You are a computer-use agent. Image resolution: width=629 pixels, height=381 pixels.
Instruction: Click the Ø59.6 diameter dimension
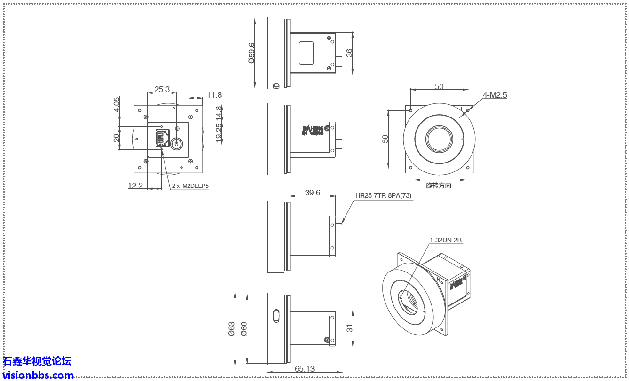point(252,53)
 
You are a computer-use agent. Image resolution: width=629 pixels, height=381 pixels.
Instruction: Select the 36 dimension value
point(349,53)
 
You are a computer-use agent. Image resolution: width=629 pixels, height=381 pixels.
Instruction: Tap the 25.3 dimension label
point(162,89)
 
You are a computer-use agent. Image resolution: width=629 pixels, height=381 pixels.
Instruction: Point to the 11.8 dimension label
point(214,95)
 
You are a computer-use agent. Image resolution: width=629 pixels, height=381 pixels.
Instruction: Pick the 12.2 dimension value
point(135,186)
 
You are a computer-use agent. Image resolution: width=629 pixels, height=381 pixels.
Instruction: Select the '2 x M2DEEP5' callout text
point(190,186)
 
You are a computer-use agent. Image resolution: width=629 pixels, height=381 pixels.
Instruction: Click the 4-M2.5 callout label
point(495,95)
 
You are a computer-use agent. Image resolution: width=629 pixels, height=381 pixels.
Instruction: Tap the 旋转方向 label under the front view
point(438,186)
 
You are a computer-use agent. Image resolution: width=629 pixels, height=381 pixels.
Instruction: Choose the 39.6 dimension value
point(312,193)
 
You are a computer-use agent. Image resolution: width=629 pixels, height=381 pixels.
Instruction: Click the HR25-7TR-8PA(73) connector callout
point(384,196)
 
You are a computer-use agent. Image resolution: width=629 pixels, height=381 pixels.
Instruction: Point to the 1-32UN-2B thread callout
point(446,240)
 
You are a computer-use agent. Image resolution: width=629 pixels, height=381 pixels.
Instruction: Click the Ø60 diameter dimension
point(244,329)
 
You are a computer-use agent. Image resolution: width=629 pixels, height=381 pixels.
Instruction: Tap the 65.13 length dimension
point(305,369)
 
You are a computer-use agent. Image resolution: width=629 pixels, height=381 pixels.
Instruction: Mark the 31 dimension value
point(349,328)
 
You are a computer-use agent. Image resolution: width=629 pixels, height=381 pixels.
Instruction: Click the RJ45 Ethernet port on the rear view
point(162,139)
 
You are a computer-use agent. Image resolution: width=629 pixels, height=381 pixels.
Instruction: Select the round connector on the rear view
point(177,143)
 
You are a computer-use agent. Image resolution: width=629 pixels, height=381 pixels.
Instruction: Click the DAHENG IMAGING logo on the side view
point(312,130)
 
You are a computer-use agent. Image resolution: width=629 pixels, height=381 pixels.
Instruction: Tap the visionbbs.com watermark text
point(38,375)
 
